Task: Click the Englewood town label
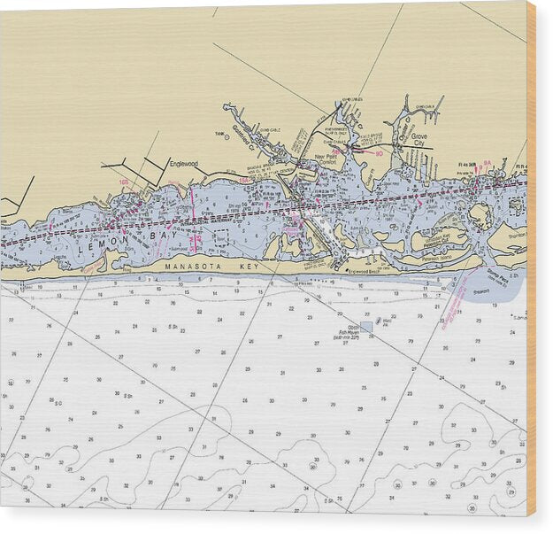(184, 164)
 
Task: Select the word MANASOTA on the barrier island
(189, 266)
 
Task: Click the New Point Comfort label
(326, 160)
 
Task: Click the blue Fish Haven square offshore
(366, 327)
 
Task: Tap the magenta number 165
(124, 182)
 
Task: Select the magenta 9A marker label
(487, 163)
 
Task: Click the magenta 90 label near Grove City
(379, 153)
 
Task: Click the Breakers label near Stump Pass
(505, 290)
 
